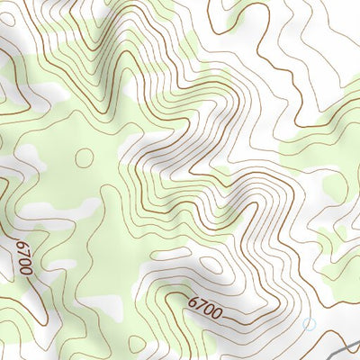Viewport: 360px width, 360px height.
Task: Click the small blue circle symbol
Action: [310, 323]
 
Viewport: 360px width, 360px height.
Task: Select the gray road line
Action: [342, 347]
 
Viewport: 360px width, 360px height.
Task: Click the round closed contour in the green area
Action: [84, 157]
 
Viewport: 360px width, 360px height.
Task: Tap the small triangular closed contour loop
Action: [136, 343]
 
